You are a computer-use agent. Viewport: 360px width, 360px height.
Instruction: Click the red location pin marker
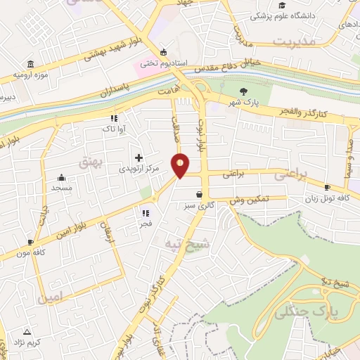(181, 165)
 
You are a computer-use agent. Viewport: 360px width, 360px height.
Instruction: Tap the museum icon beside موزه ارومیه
(30, 64)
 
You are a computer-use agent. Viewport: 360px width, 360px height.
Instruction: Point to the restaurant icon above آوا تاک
(113, 118)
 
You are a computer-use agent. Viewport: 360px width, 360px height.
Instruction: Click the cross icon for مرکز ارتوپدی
(138, 157)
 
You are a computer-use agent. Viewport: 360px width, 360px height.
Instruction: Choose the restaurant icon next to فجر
(146, 212)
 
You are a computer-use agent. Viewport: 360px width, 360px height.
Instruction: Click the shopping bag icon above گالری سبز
(200, 195)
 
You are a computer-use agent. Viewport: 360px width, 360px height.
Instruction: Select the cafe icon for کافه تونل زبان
(328, 187)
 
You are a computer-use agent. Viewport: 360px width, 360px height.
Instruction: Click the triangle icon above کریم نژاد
(27, 330)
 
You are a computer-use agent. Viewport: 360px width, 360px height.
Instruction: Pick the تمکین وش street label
(249, 200)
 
